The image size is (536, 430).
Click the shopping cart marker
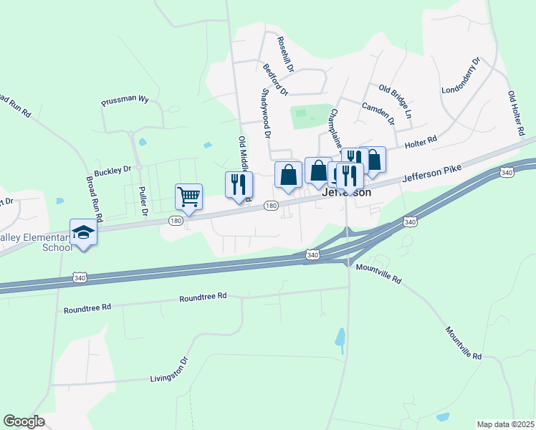[x=188, y=196]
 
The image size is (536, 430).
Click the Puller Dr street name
[x=143, y=202]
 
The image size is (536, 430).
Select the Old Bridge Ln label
[x=396, y=102]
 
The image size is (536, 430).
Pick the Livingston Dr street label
[x=168, y=374]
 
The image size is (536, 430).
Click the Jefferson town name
[x=347, y=193]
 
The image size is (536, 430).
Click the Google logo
[x=24, y=421]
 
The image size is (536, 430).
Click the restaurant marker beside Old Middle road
[x=239, y=184]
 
